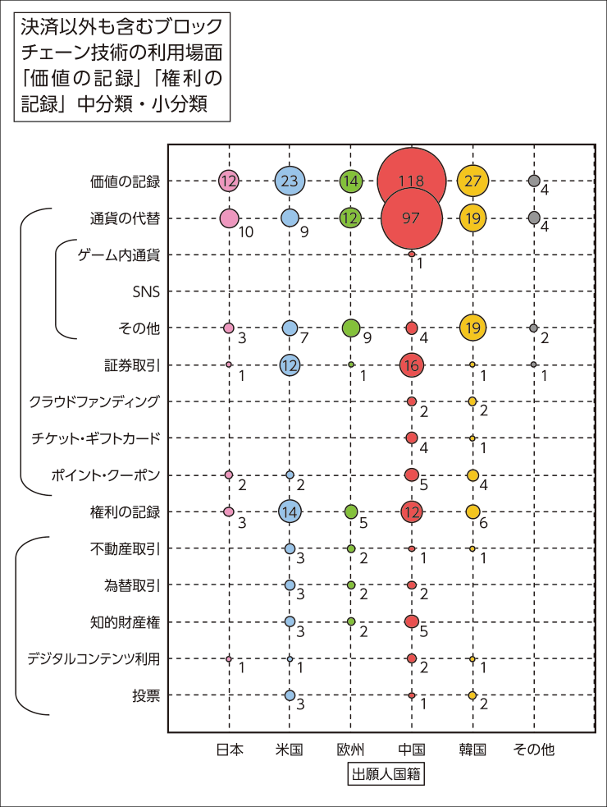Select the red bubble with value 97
pos(412,218)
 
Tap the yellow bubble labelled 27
pos(473,181)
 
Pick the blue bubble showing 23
pos(290,181)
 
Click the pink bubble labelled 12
pos(229,181)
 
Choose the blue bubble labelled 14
pos(290,511)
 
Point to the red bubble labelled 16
pos(412,365)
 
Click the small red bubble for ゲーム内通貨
pos(412,254)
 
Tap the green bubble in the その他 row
pos(351,328)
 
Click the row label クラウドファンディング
pos(94,401)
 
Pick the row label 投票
pos(146,695)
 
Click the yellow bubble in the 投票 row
pos(472,695)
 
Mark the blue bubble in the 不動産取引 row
pos(290,548)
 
